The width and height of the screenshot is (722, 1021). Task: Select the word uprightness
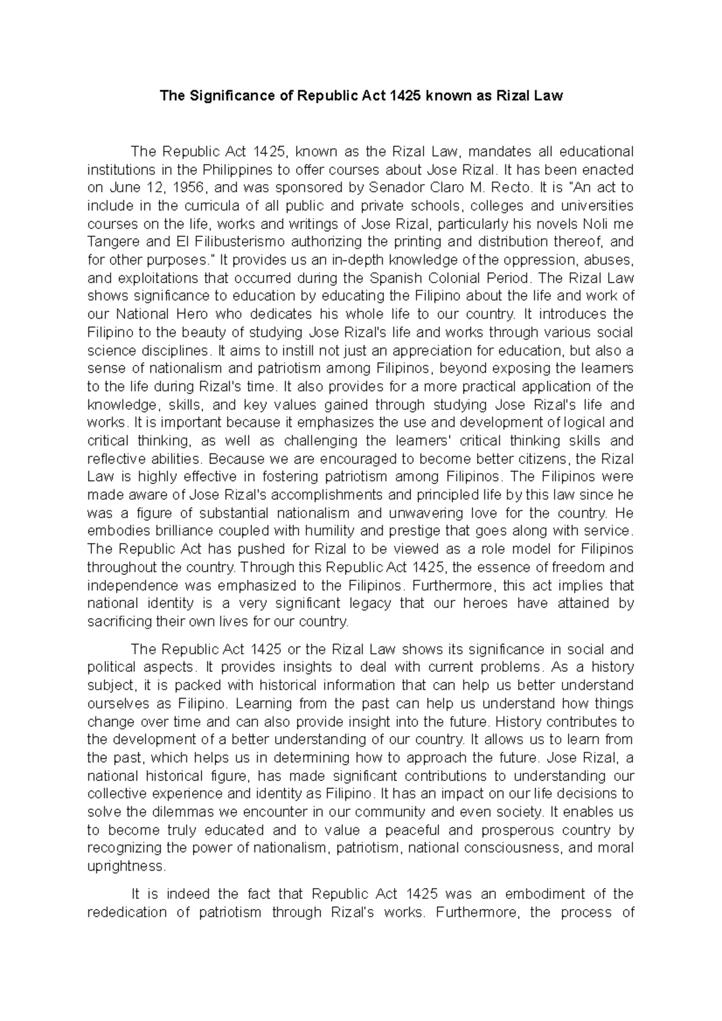pyautogui.click(x=125, y=866)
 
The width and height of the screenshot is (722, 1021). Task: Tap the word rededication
pyautogui.click(x=126, y=912)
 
